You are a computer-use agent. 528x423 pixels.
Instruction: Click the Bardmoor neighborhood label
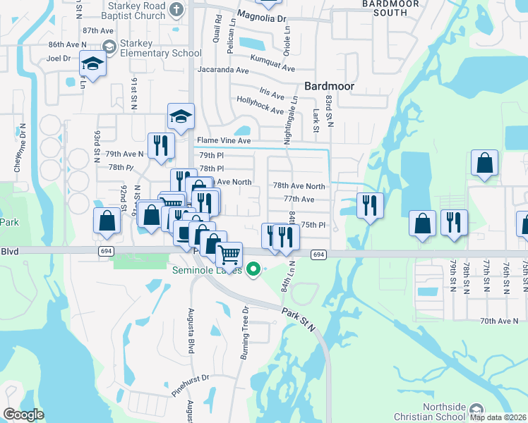(328, 86)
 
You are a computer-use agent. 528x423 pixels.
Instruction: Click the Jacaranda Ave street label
(223, 70)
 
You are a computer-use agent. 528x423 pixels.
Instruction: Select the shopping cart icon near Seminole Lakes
(229, 254)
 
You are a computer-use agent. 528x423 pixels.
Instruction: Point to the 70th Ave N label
(499, 321)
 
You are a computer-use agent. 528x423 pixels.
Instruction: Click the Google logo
(23, 415)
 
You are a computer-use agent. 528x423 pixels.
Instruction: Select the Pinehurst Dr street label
(190, 384)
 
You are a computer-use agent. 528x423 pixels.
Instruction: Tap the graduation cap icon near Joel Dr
(92, 64)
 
